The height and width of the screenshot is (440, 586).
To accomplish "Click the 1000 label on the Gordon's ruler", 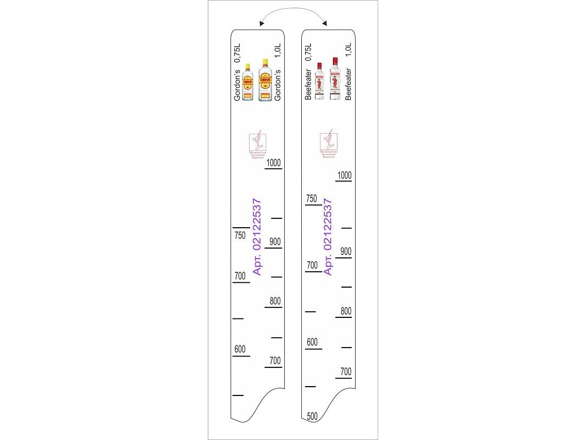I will click(274, 163).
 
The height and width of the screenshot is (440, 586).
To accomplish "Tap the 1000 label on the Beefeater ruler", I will click(344, 175).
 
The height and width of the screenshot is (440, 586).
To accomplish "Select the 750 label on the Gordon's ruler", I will click(240, 236).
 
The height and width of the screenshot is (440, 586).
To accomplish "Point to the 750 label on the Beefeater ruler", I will click(312, 199).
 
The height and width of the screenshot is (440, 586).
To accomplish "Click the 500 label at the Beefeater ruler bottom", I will click(312, 416).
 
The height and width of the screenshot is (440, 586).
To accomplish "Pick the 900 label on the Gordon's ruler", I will click(275, 241).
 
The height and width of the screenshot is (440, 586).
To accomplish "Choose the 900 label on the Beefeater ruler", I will click(345, 251).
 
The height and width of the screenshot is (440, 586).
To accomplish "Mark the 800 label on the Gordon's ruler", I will click(275, 301).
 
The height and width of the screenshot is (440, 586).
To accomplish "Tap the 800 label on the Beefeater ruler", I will click(345, 311).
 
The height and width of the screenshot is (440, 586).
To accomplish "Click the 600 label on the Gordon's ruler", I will click(240, 349).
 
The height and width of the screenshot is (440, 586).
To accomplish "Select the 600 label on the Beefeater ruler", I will click(312, 342).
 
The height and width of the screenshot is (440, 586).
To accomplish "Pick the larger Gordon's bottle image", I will click(266, 80).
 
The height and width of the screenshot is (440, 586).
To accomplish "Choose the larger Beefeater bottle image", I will click(334, 79).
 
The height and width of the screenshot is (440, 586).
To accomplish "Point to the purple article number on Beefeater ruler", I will click(328, 237).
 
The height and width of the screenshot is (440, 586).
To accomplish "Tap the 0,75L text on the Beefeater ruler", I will click(308, 53).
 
